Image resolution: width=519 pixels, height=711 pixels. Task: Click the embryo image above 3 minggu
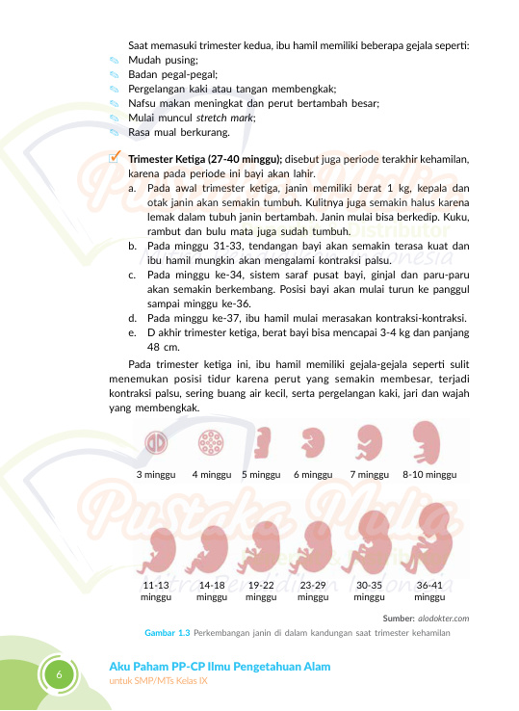pyautogui.click(x=154, y=442)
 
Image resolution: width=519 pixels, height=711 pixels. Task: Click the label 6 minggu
pyautogui.click(x=312, y=475)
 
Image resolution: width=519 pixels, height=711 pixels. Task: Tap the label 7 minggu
pyautogui.click(x=370, y=475)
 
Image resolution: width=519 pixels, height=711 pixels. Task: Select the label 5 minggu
pyautogui.click(x=261, y=475)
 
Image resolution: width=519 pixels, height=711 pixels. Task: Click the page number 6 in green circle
pyautogui.click(x=59, y=675)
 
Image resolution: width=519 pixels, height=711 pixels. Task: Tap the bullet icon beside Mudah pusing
pyautogui.click(x=113, y=61)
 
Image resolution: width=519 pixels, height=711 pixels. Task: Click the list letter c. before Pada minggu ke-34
pyautogui.click(x=131, y=275)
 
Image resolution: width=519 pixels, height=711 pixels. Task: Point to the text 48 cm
pyautogui.click(x=164, y=347)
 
